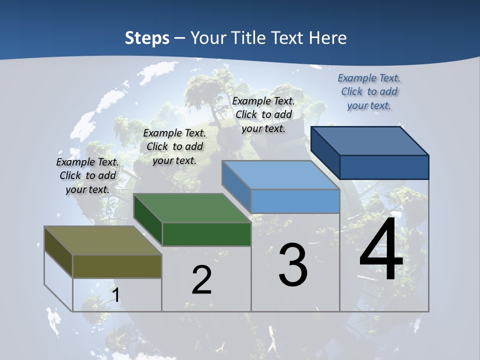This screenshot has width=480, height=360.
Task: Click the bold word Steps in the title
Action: (147, 38)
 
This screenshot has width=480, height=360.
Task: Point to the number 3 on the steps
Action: (293, 264)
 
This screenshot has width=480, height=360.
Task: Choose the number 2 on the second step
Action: (201, 280)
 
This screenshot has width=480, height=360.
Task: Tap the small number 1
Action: (116, 295)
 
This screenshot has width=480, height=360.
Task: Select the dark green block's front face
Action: (206, 234)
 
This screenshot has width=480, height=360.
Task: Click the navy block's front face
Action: (384, 167)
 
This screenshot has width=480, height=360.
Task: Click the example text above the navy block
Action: (369, 91)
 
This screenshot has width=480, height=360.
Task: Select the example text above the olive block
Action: (87, 175)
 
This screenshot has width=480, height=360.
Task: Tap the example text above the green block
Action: (174, 146)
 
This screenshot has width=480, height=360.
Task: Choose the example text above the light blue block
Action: (263, 114)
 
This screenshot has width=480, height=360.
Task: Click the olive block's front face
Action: (117, 266)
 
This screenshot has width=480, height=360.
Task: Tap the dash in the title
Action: (180, 38)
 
